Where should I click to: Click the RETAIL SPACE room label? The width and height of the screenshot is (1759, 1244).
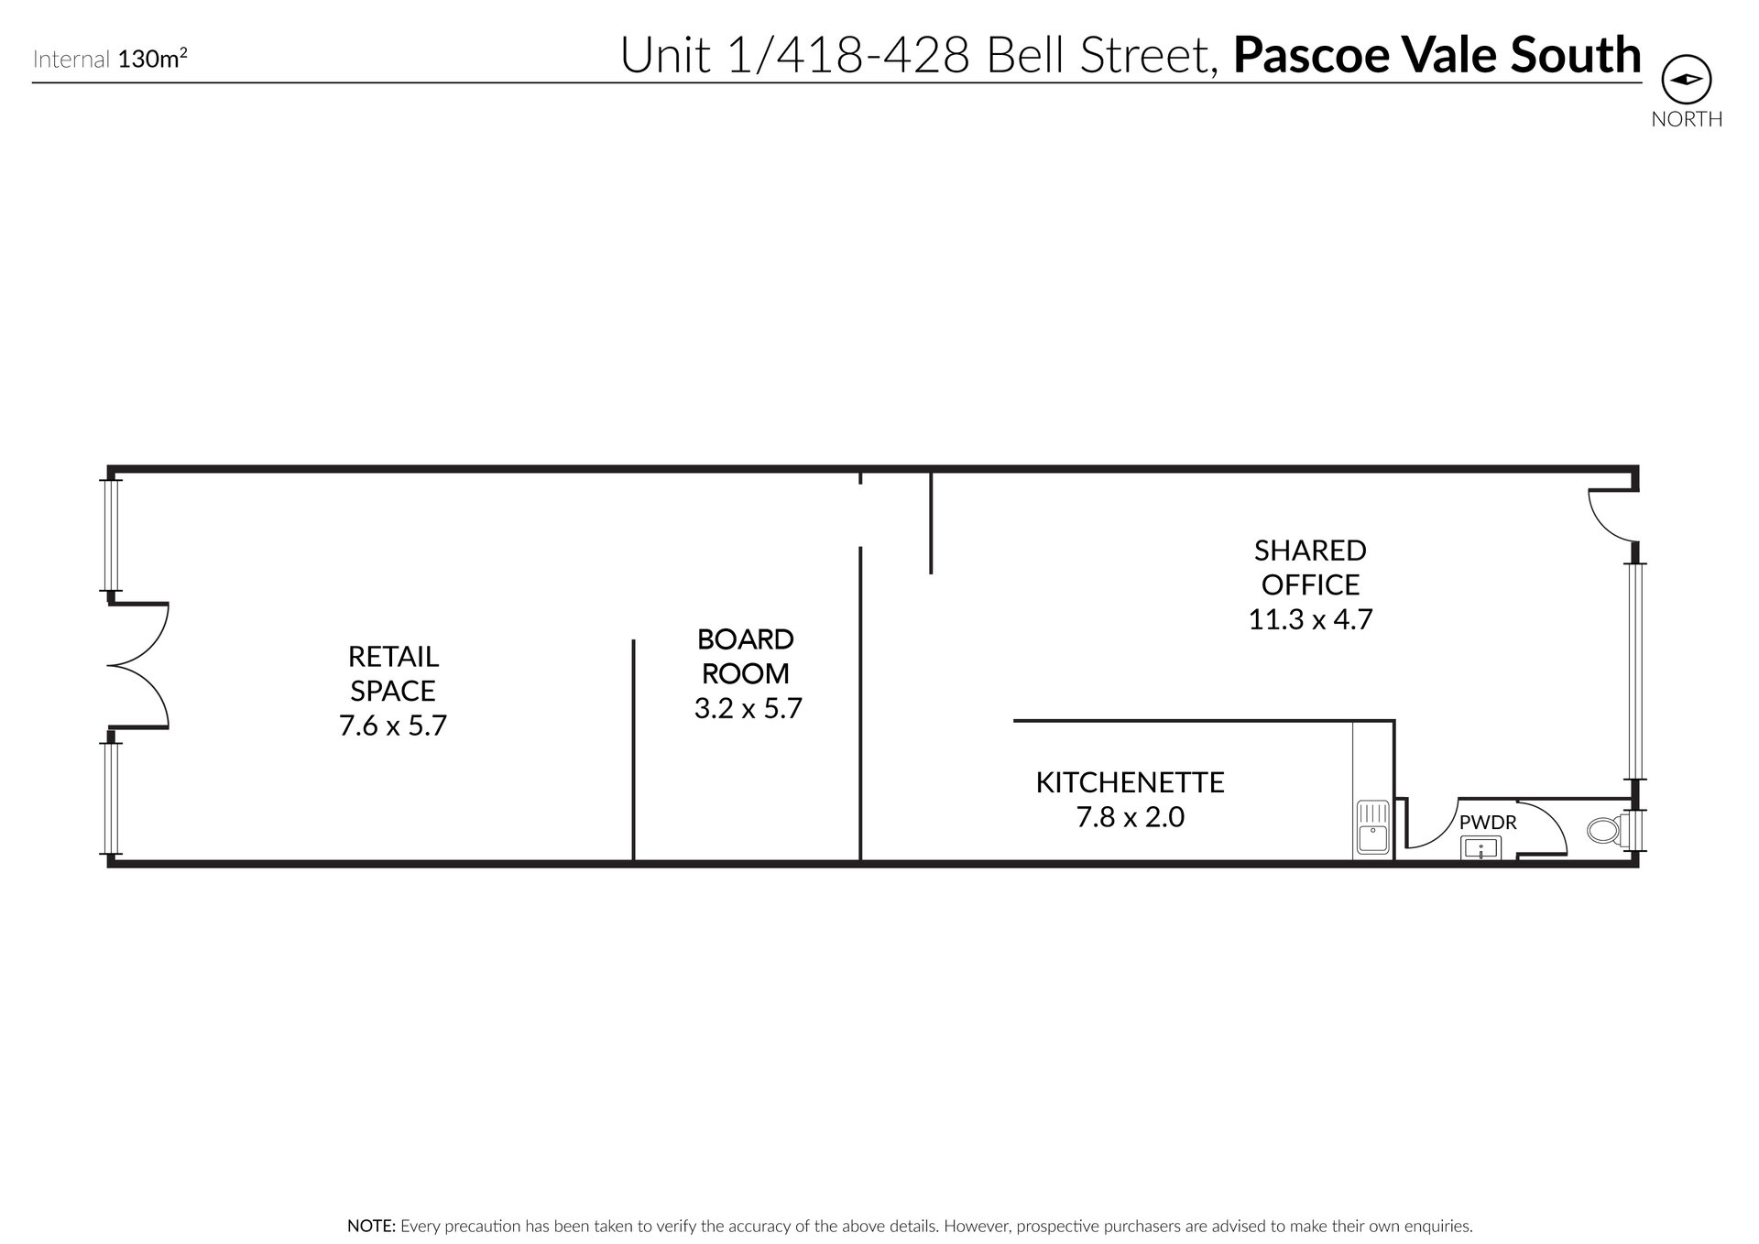(x=392, y=673)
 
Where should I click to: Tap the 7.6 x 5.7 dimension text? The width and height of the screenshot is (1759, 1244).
(x=392, y=726)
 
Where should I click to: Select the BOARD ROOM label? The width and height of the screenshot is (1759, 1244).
(x=746, y=656)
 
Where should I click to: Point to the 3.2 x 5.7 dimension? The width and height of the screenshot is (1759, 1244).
(x=748, y=708)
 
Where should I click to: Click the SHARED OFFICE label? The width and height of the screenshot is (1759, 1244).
(x=1310, y=567)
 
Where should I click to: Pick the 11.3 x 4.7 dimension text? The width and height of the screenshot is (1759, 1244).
(x=1310, y=620)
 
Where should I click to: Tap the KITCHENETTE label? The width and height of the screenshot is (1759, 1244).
(x=1130, y=782)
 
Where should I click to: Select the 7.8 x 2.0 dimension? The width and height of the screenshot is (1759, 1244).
(x=1130, y=816)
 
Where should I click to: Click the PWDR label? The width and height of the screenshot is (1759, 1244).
(x=1488, y=823)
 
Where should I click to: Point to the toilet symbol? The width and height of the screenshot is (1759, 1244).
(x=1604, y=831)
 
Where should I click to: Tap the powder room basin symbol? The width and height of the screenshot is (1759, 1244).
(x=1480, y=849)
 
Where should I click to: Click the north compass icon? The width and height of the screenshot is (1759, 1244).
(x=1686, y=80)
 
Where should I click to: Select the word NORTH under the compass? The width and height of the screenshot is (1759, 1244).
(x=1687, y=119)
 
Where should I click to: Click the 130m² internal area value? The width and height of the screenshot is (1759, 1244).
(x=153, y=60)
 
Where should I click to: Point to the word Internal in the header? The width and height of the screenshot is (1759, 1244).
(x=72, y=60)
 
